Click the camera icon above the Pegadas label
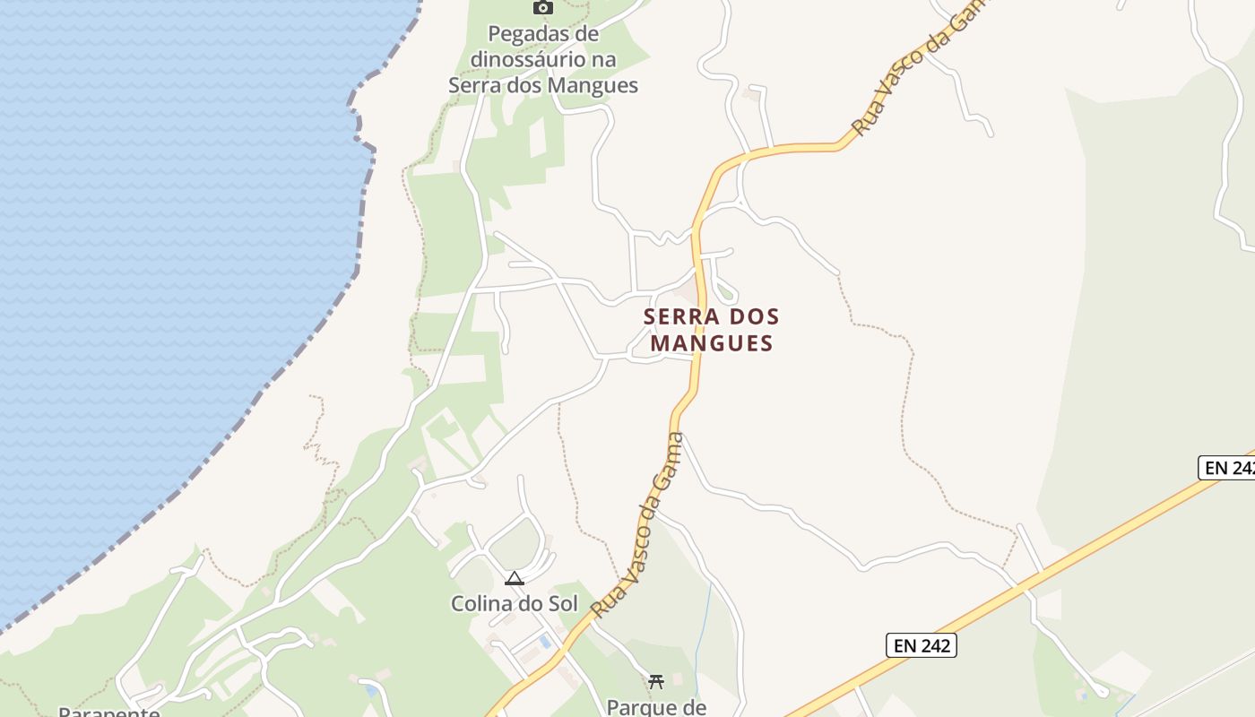click(542, 7)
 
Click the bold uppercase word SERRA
click(682, 317)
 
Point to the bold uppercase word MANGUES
click(712, 343)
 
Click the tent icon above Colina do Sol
click(514, 579)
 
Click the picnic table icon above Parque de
click(656, 681)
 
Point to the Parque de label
click(656, 706)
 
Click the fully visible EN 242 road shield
click(922, 645)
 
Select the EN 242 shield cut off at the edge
click(1227, 467)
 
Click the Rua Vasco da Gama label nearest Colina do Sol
click(637, 525)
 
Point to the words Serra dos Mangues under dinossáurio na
click(543, 86)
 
